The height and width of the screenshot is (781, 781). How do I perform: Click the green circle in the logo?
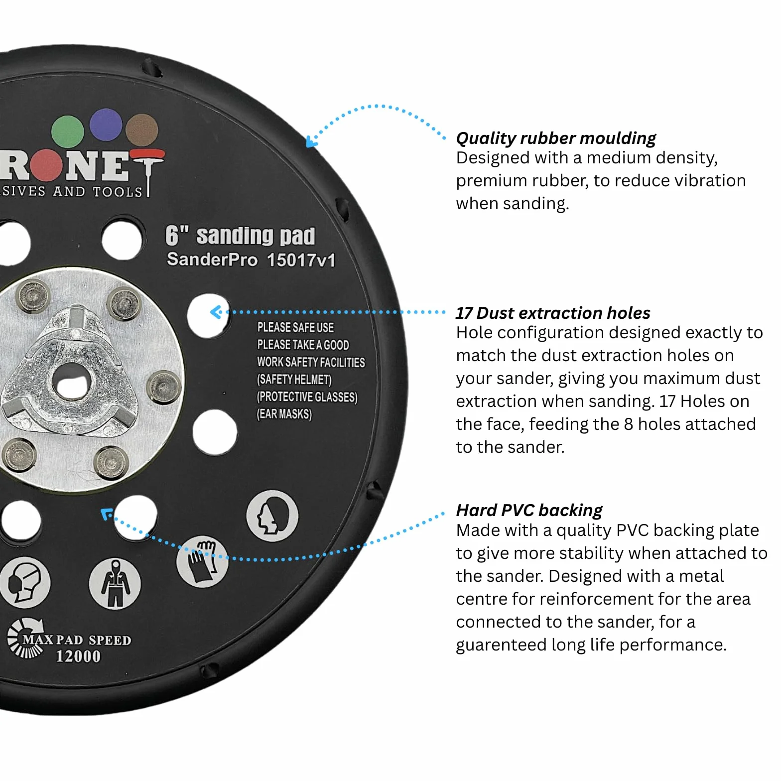pos(67,132)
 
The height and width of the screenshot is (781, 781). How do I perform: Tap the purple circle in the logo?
pos(106,125)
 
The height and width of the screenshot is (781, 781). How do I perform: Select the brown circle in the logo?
pos(142,130)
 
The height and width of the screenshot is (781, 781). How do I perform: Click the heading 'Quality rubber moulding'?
pos(556,138)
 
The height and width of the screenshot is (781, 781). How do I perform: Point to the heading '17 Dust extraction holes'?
pos(553,313)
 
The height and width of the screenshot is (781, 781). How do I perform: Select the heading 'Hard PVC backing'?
pos(529,511)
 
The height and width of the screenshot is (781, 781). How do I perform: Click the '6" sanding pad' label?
pos(240,236)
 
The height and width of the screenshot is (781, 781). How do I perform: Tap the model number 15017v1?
pos(301,260)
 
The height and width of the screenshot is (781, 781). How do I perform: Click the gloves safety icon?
pos(203,561)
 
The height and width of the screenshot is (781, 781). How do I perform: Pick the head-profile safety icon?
pos(272,516)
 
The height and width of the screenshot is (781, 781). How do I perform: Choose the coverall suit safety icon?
pos(115,583)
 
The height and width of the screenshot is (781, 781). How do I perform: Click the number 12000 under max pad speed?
pos(78,656)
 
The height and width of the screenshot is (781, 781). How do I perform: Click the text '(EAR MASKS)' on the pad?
pos(284,414)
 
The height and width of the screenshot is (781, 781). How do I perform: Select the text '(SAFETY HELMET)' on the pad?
pos(294,380)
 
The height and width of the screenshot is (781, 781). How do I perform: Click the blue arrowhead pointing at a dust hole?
pos(215,312)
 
